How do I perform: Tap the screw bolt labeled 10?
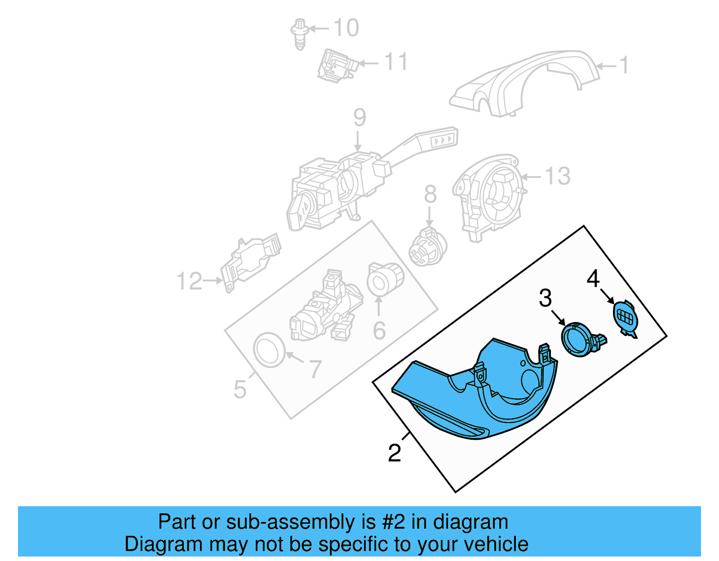pyautogui.click(x=300, y=34)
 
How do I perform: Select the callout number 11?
pyautogui.click(x=396, y=62)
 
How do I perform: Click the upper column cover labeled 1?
pyautogui.click(x=524, y=84)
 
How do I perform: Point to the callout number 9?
pyautogui.click(x=359, y=117)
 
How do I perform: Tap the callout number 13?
pyautogui.click(x=558, y=176)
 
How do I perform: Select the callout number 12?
pyautogui.click(x=189, y=281)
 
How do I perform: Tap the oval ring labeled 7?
pyautogui.click(x=269, y=349)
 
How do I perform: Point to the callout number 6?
pyautogui.click(x=379, y=330)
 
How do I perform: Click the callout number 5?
pyautogui.click(x=240, y=389)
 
